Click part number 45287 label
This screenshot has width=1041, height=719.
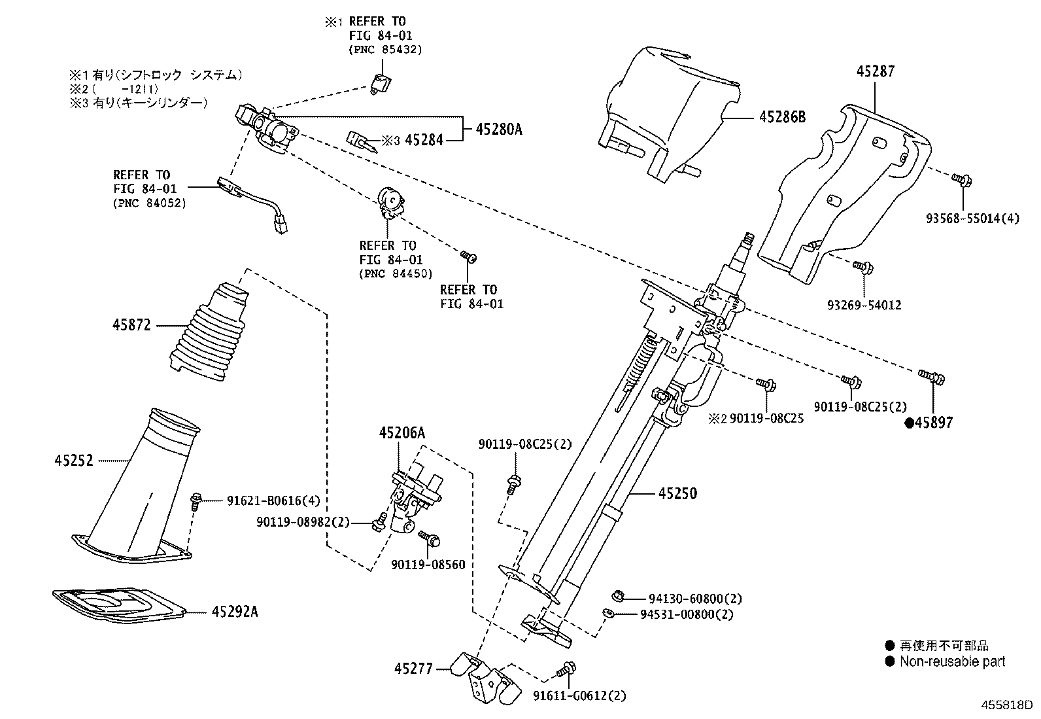click(x=875, y=71)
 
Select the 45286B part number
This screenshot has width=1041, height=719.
click(x=782, y=118)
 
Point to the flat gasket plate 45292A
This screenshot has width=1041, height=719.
click(x=118, y=605)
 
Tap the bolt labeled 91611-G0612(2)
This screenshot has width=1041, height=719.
click(x=566, y=670)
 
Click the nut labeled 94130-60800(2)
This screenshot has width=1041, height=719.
click(x=616, y=596)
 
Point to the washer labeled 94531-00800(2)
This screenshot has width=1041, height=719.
click(x=608, y=613)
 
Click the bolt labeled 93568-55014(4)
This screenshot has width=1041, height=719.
click(x=961, y=177)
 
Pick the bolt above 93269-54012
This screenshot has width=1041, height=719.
click(x=862, y=266)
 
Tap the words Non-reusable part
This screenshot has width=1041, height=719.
click(x=952, y=661)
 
